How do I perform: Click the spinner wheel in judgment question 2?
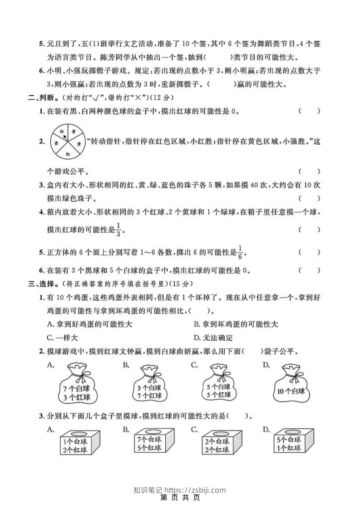click(x=66, y=142)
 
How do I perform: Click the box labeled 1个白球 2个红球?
click(x=76, y=444)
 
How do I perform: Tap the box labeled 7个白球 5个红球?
click(x=149, y=444)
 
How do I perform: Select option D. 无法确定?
click(x=213, y=338)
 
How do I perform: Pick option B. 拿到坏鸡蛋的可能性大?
click(x=236, y=324)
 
